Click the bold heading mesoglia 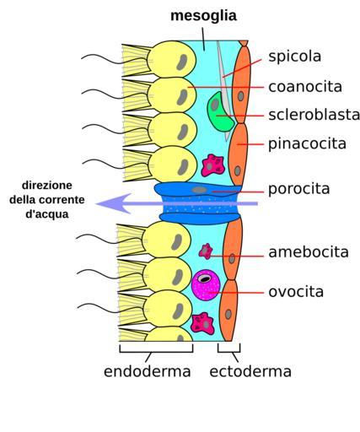[x=203, y=16]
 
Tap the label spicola [x=294, y=57]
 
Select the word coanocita [x=305, y=87]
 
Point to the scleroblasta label [x=314, y=115]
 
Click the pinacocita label [x=307, y=144]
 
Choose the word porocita [x=299, y=189]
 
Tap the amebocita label [x=309, y=252]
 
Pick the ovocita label [x=296, y=292]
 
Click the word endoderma [x=148, y=371]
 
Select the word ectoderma [x=250, y=371]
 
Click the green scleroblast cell [x=220, y=111]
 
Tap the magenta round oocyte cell [x=206, y=285]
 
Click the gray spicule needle [x=224, y=90]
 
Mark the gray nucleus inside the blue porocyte [x=199, y=190]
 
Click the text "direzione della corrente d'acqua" [x=47, y=200]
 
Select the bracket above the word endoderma [x=156, y=348]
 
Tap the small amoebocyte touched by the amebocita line [x=206, y=251]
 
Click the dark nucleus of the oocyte [x=205, y=278]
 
